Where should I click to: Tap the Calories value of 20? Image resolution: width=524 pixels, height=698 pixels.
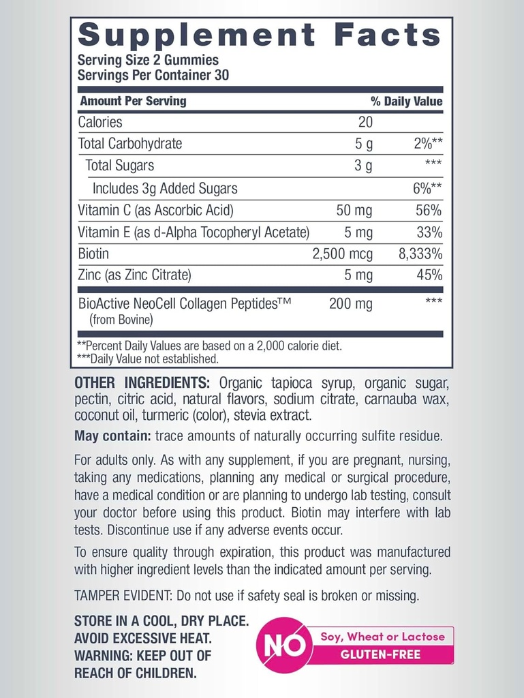click(365, 123)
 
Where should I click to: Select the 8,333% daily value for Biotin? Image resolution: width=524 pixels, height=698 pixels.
click(420, 254)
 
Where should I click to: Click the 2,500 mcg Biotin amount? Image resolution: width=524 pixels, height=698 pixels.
click(342, 254)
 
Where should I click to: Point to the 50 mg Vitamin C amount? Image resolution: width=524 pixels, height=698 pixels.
click(354, 211)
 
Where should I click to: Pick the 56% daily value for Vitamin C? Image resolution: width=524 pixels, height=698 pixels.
click(429, 211)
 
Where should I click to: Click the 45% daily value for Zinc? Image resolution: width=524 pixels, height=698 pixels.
click(429, 275)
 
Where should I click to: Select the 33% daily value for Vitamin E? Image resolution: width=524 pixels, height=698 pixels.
click(429, 232)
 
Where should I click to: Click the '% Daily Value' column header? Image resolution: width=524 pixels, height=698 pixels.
click(406, 102)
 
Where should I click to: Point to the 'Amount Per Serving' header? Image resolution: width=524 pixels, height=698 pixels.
click(133, 102)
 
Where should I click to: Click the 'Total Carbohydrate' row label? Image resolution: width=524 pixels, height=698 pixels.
click(130, 144)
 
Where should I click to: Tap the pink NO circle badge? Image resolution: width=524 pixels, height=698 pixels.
click(284, 646)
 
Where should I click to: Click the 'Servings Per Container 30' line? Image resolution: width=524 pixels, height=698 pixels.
click(153, 76)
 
